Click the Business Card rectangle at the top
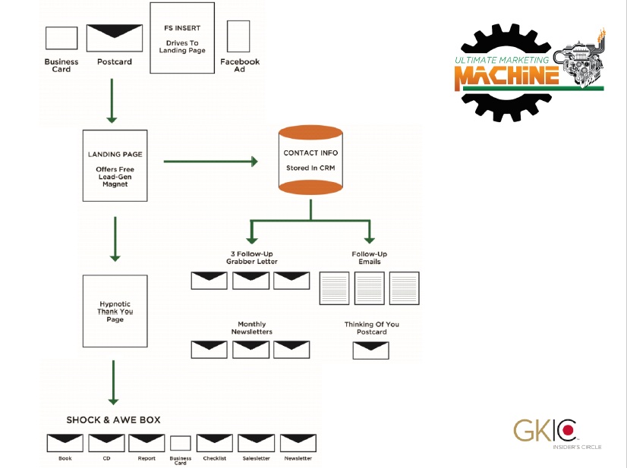[x=61, y=38]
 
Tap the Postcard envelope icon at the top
[x=114, y=37]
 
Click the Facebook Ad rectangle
[x=238, y=36]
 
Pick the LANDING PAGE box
[x=115, y=165]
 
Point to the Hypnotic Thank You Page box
[x=115, y=311]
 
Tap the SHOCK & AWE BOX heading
[x=113, y=419]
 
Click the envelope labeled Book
[x=65, y=443]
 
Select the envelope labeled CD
[x=106, y=443]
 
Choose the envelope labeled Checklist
[x=214, y=443]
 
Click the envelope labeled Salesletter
[x=256, y=443]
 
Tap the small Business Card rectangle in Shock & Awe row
[x=181, y=443]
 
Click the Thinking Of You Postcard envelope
[x=371, y=350]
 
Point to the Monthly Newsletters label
[x=250, y=328]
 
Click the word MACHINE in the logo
[x=507, y=75]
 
